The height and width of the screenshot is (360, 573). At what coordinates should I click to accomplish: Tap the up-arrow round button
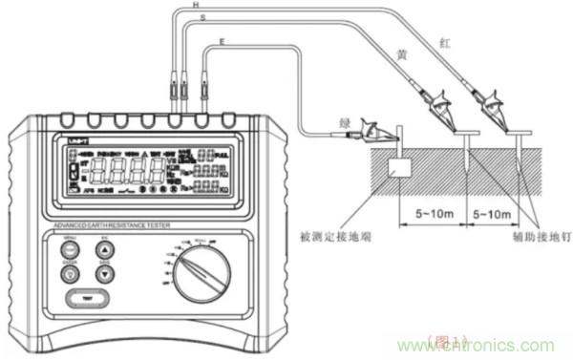[x=105, y=250]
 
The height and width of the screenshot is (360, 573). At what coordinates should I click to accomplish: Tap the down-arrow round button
[x=105, y=275]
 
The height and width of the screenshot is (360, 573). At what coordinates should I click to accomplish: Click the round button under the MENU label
[x=70, y=250]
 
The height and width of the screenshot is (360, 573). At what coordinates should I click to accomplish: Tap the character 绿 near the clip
[x=346, y=121]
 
